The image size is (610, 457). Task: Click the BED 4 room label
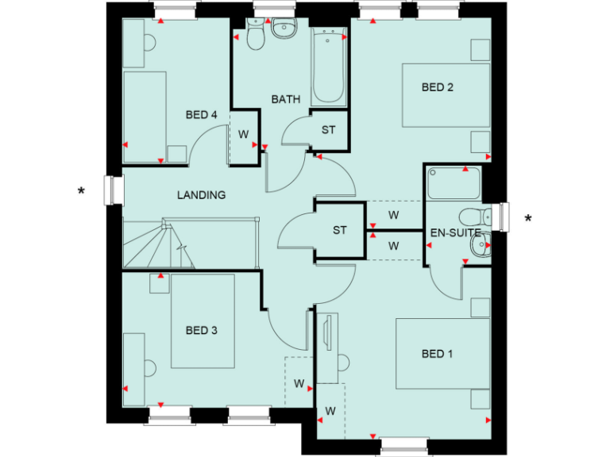click(x=201, y=115)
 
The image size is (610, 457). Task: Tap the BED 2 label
click(x=437, y=87)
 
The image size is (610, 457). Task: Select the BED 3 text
click(x=201, y=330)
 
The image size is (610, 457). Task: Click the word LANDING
click(x=201, y=194)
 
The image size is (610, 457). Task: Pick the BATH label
click(x=286, y=100)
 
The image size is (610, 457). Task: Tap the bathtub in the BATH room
click(x=329, y=67)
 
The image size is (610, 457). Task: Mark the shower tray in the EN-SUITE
click(x=453, y=182)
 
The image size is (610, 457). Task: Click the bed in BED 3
click(x=203, y=321)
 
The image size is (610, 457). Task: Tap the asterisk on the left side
click(x=81, y=191)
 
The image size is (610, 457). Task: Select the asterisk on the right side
click(x=527, y=218)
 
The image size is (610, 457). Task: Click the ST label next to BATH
click(x=328, y=130)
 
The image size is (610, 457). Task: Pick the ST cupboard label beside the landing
click(x=340, y=230)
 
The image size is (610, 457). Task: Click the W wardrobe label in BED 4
click(x=243, y=132)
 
